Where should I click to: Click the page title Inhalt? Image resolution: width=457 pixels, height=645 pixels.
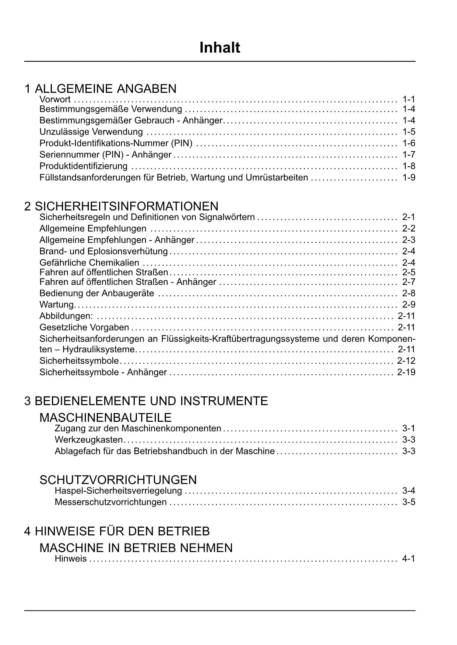click(x=219, y=48)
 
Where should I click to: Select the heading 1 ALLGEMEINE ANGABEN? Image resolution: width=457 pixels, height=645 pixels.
click(x=101, y=89)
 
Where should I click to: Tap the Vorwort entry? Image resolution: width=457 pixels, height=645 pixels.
click(x=55, y=99)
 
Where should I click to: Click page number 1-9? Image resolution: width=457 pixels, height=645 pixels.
click(x=409, y=178)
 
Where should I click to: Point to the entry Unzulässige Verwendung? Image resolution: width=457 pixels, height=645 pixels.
click(x=91, y=132)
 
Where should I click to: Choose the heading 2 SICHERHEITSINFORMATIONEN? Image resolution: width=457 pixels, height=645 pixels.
click(x=121, y=206)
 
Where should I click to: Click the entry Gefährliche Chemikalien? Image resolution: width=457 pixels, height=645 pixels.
click(x=89, y=263)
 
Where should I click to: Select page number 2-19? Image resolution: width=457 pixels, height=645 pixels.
click(x=406, y=372)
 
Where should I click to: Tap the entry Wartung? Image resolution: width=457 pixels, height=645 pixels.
click(x=57, y=304)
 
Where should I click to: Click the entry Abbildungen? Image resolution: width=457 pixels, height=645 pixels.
click(x=66, y=316)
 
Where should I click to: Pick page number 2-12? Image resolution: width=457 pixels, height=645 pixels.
click(x=406, y=361)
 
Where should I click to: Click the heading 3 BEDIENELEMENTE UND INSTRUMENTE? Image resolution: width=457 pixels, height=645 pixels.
click(x=146, y=401)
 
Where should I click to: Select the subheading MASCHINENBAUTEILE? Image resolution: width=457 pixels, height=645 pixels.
click(x=106, y=417)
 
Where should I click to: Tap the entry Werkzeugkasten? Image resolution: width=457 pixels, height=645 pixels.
click(x=89, y=440)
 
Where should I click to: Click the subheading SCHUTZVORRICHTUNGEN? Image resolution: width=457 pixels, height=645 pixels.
click(x=118, y=480)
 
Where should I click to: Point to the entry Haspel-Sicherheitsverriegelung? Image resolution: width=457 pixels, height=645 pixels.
click(x=118, y=491)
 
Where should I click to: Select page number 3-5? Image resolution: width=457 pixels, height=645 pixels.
click(x=409, y=502)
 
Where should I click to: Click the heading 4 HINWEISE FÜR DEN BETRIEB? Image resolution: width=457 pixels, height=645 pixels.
click(x=117, y=531)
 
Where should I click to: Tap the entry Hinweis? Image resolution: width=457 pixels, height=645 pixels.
click(x=71, y=559)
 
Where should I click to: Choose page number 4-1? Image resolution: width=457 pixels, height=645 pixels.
click(x=409, y=559)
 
